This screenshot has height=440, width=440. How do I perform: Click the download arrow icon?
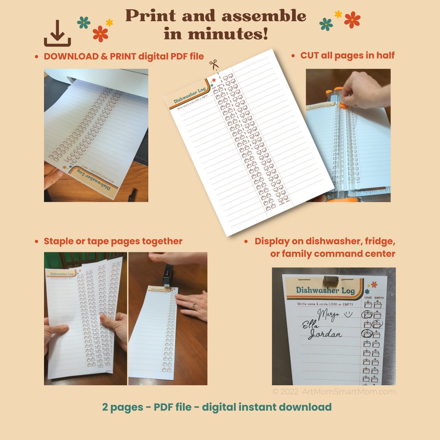pyautogui.click(x=57, y=34)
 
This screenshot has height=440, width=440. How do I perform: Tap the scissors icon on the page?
pyautogui.click(x=213, y=64)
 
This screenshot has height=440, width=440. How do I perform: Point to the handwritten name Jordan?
pyautogui.click(x=325, y=334)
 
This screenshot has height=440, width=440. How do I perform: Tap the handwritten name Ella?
pyautogui.click(x=310, y=325)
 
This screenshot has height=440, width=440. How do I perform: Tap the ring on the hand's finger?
pyautogui.click(x=194, y=306)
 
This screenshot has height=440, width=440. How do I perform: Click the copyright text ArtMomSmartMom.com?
pyautogui.click(x=349, y=392)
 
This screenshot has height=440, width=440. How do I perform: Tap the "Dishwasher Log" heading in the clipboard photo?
pyautogui.click(x=325, y=291)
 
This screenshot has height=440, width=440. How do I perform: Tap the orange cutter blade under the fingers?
pyautogui.click(x=342, y=104)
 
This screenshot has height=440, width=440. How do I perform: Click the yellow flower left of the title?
pyautogui.click(x=109, y=22)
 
